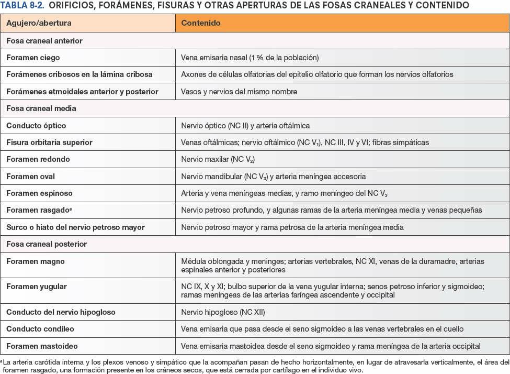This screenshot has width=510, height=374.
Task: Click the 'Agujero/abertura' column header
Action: [39, 24]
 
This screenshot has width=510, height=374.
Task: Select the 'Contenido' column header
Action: [201, 24]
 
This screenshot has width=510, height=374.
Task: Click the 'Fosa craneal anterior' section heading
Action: [44, 40]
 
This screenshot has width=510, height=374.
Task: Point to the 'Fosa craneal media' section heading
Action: [41, 108]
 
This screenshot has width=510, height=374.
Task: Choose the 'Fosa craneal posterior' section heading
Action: [47, 244]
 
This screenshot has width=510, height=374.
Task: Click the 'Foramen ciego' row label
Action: [33, 58]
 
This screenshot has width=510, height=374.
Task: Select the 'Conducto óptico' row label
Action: [36, 126]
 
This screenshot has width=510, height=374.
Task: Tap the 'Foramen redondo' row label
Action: [38, 159]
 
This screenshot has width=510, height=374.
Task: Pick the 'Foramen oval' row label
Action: [30, 177]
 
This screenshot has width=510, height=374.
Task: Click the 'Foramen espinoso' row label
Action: [39, 193]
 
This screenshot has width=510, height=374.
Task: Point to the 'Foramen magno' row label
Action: [36, 261]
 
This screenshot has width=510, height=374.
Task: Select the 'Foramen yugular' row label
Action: [37, 287]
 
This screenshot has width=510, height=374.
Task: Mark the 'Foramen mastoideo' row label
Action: [42, 346]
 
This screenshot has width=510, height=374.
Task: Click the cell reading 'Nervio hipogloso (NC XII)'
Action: [223, 312]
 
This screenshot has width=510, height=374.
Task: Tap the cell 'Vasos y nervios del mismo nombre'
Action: [239, 92]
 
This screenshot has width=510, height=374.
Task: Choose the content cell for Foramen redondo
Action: [218, 159]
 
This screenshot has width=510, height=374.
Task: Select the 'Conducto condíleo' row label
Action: [40, 329]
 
